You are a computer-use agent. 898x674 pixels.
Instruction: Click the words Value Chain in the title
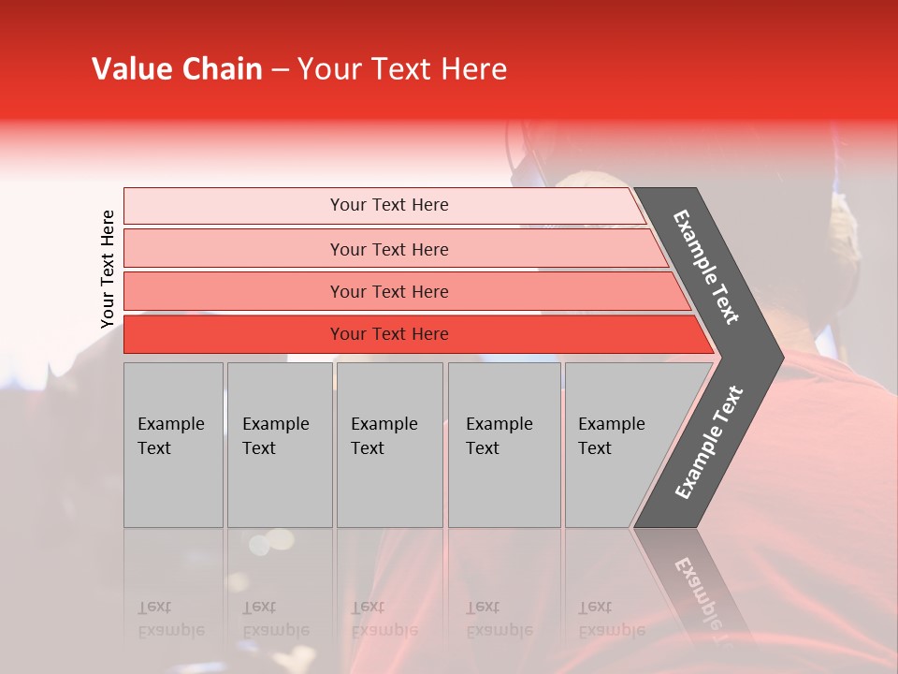[177, 69]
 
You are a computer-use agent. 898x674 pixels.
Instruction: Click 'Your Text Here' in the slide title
[402, 69]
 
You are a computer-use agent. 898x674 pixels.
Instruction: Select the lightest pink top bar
[234, 206]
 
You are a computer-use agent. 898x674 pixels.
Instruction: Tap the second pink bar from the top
[234, 249]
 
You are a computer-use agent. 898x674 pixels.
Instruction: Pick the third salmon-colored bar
[234, 291]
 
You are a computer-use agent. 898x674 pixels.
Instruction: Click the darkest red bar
[234, 334]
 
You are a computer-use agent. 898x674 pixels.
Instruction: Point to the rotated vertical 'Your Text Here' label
[108, 269]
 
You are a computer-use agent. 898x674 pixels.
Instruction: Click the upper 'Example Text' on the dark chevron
[706, 267]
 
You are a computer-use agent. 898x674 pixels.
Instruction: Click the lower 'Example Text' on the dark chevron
[708, 443]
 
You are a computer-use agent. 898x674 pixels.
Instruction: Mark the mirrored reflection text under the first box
[170, 619]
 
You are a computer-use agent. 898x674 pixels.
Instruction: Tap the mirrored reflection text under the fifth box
[611, 619]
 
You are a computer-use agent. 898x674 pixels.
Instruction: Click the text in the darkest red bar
[389, 334]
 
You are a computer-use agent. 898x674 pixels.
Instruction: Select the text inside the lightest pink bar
[389, 205]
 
